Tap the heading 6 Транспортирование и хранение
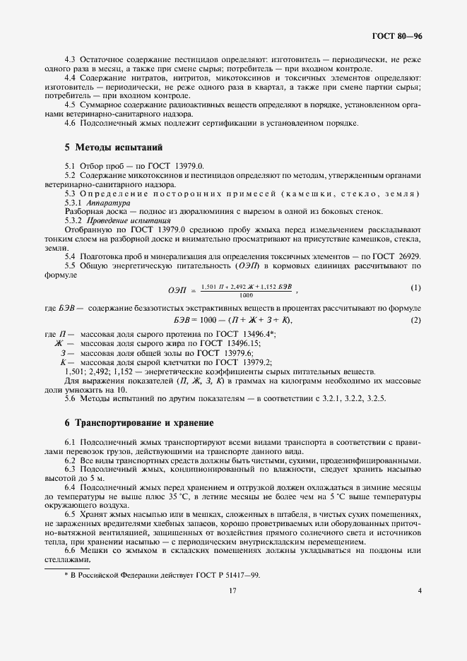pyautogui.click(x=138, y=422)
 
